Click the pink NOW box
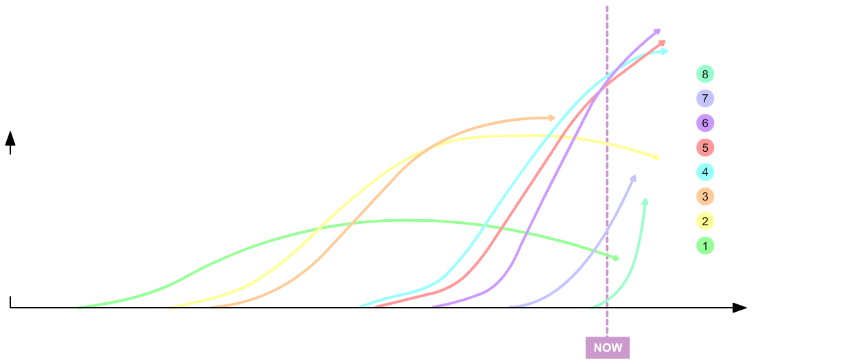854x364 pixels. coord(608,348)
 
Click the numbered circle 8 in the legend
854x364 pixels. coord(705,74)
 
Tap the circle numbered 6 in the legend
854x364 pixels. coord(705,124)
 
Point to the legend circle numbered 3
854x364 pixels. coord(705,197)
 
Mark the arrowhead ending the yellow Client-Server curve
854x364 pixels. coord(656,158)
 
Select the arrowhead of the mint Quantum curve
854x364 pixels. coord(645,201)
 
